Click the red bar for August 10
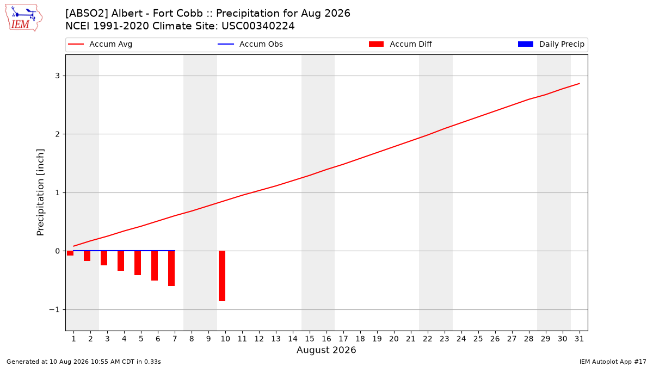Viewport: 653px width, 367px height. tap(222, 276)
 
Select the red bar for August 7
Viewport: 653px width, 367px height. tap(171, 268)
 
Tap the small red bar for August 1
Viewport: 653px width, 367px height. tap(70, 253)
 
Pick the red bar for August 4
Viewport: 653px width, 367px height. tap(121, 260)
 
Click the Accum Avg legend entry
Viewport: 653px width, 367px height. tap(100, 44)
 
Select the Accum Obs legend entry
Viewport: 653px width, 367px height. tap(250, 44)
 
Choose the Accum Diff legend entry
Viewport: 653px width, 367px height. tap(401, 44)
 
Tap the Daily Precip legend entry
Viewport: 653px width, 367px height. tap(551, 44)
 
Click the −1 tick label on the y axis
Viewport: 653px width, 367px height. tap(54, 309)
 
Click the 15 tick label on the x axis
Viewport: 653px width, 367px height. tap(310, 339)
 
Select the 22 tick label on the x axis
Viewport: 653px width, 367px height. tap(428, 339)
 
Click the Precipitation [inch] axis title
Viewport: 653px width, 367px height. tap(40, 192)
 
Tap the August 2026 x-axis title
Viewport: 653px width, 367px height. tap(326, 350)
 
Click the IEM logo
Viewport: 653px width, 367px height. tap(24, 18)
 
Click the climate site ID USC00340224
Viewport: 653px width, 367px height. tap(258, 26)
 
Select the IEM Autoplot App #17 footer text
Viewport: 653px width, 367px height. tap(613, 362)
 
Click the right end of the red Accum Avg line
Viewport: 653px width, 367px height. tap(579, 84)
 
